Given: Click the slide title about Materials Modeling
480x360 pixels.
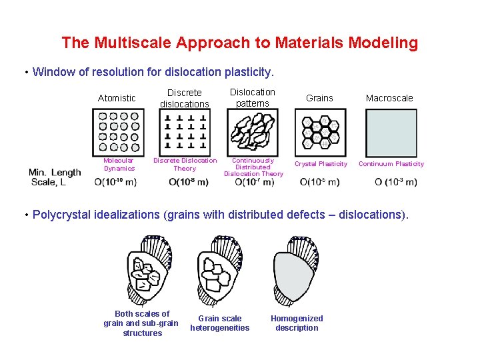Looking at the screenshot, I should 240,43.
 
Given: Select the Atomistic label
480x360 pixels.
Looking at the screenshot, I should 117,98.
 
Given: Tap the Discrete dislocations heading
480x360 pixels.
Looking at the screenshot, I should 185,98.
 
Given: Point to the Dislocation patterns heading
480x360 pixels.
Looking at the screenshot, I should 253,97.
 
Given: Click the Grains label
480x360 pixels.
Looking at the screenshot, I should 319,98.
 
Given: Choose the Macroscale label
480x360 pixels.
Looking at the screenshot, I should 389,98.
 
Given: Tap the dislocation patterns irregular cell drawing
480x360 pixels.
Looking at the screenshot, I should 253,133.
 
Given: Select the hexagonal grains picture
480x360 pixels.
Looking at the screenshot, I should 321,133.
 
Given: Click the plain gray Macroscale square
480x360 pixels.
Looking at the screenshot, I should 391,133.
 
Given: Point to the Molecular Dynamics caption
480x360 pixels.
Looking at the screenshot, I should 119,164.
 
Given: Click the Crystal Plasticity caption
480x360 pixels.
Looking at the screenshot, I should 321,164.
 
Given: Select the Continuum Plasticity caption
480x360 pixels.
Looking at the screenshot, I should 391,164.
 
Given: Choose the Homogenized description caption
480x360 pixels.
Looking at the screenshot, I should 297,323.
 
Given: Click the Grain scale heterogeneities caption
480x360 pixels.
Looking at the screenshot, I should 220,323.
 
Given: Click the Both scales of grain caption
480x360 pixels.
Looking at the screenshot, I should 142,323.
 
